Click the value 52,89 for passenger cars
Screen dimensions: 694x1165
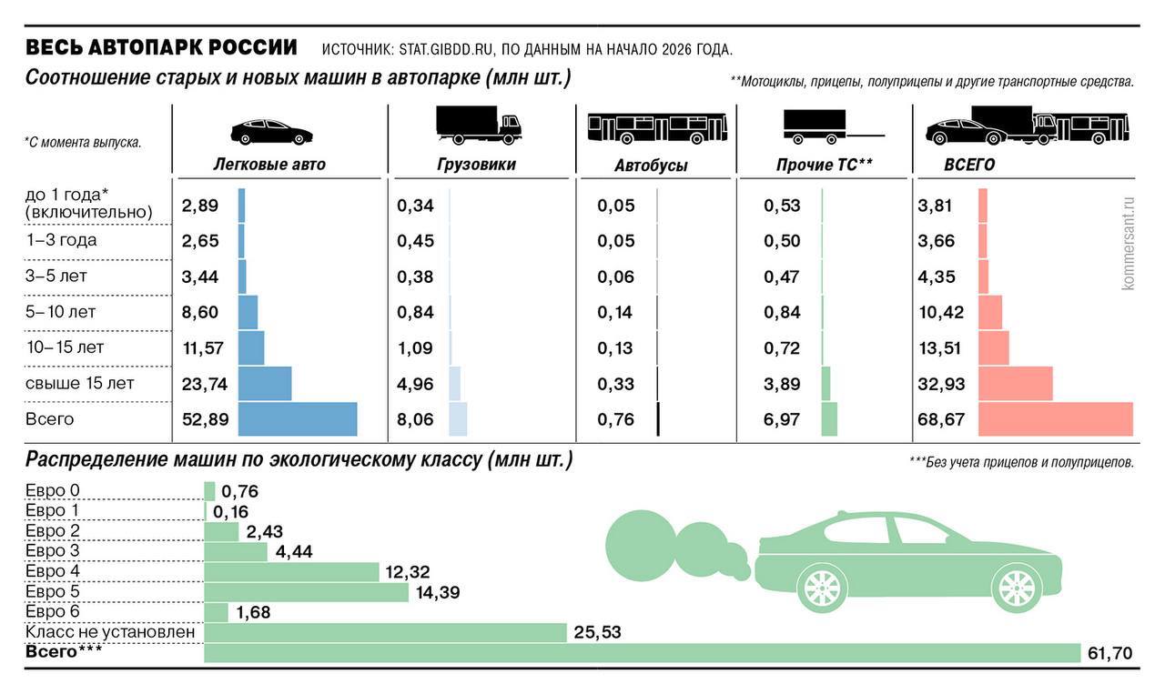click(x=206, y=419)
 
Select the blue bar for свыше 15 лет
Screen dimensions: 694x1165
click(x=265, y=383)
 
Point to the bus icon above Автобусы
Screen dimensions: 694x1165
click(x=657, y=128)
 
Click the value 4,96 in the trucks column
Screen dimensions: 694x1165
click(x=416, y=384)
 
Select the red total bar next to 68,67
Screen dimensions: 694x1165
click(x=1056, y=419)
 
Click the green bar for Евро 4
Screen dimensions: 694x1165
click(x=291, y=571)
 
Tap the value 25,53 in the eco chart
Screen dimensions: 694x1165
click(x=598, y=631)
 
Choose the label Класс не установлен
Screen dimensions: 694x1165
click(x=110, y=631)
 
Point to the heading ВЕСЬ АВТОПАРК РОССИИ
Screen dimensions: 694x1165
click(x=161, y=47)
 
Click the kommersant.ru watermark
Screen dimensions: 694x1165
click(x=1130, y=243)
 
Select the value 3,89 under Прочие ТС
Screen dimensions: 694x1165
click(x=783, y=384)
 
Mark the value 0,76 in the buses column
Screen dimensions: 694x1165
click(x=616, y=419)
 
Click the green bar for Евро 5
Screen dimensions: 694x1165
click(x=307, y=592)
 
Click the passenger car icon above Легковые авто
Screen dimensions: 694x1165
click(x=270, y=132)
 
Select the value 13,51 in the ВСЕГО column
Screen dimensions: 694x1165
click(x=941, y=348)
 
